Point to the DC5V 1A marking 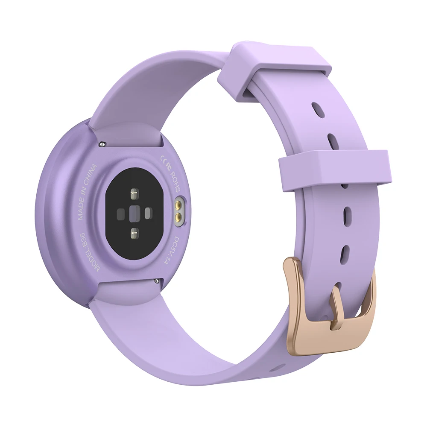pyautogui.click(x=178, y=254)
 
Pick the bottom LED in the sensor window pyautogui.click(x=134, y=233)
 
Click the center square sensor pyautogui.click(x=134, y=212)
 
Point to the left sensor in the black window pyautogui.click(x=120, y=212)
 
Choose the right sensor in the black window pyautogui.click(x=148, y=212)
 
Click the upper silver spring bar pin pyautogui.click(x=103, y=144)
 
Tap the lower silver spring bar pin pyautogui.click(x=158, y=281)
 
